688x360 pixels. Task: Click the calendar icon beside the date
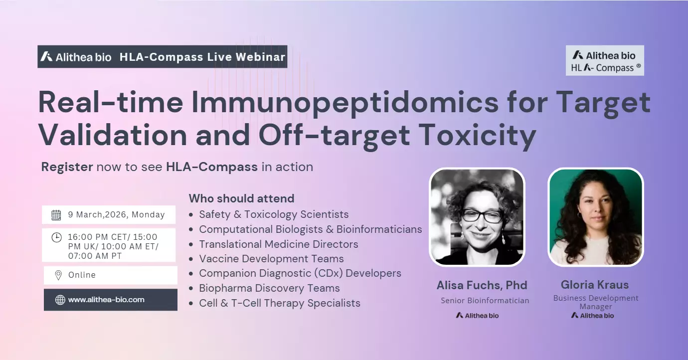(x=56, y=215)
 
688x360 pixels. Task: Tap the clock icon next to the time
(x=56, y=237)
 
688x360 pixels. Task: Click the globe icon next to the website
(x=60, y=300)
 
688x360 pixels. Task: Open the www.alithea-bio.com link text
(x=106, y=300)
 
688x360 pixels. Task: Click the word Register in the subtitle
(x=67, y=167)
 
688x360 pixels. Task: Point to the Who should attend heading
(x=241, y=198)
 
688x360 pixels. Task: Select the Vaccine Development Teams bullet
(x=271, y=259)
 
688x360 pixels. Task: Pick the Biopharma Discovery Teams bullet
(x=269, y=288)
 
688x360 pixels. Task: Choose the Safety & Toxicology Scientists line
(x=274, y=214)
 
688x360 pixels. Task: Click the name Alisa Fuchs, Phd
(x=482, y=285)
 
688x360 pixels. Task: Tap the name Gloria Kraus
(x=595, y=285)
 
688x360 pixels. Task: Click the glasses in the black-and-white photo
(x=482, y=216)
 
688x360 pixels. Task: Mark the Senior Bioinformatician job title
(x=485, y=300)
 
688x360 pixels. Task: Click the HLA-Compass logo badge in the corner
(x=605, y=61)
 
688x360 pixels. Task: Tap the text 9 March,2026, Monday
(x=116, y=215)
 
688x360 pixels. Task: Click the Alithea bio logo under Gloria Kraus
(x=592, y=315)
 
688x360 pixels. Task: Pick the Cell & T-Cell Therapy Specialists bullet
(x=279, y=303)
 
